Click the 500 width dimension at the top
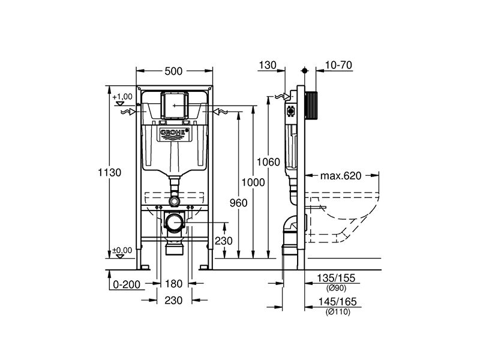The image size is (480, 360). tap(173, 71)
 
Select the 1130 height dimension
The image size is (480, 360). tap(110, 173)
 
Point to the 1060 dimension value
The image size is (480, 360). tap(268, 162)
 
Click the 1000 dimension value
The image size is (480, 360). tap(253, 182)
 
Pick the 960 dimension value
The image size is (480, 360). tap(238, 203)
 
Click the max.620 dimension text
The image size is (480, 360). tap(341, 176)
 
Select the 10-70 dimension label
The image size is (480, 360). tap(338, 65)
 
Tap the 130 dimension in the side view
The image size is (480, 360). tap(268, 65)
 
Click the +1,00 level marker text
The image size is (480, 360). tap(122, 97)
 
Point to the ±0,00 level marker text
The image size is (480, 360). tap(122, 250)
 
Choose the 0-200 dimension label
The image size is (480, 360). tap(127, 284)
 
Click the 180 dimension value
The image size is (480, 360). tap(173, 284)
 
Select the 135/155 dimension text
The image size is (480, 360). tap(336, 278)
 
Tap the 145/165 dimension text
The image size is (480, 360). tap(337, 302)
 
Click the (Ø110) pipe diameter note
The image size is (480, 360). tap(338, 312)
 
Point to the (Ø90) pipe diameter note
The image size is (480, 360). tap(336, 288)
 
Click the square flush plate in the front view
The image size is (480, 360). tap(173, 104)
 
